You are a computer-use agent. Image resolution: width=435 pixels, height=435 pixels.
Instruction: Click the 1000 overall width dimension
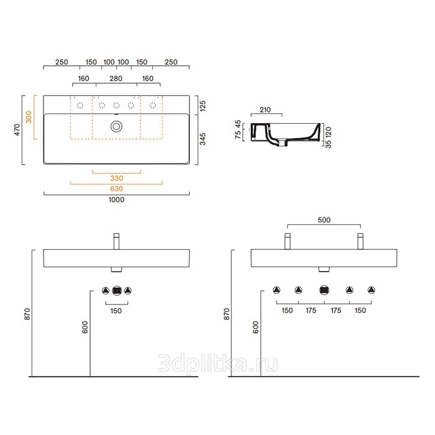point(117,199)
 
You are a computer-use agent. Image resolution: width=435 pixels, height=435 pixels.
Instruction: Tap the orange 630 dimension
point(117,189)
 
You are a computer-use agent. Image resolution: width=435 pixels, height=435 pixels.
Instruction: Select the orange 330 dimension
point(117,178)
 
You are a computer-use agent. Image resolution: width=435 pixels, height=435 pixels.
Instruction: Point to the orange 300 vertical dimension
point(29,117)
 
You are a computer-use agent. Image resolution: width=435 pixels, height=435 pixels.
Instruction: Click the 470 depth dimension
point(17,130)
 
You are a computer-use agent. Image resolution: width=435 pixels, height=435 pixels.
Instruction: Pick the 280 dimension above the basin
point(116,78)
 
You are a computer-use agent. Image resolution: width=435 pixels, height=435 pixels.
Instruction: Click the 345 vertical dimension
point(203,139)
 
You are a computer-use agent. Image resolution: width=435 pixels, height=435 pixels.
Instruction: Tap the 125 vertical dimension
point(203,106)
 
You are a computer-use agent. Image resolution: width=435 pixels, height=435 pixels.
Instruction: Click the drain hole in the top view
point(117,127)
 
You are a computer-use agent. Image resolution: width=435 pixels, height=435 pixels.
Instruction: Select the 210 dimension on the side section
point(265,110)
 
